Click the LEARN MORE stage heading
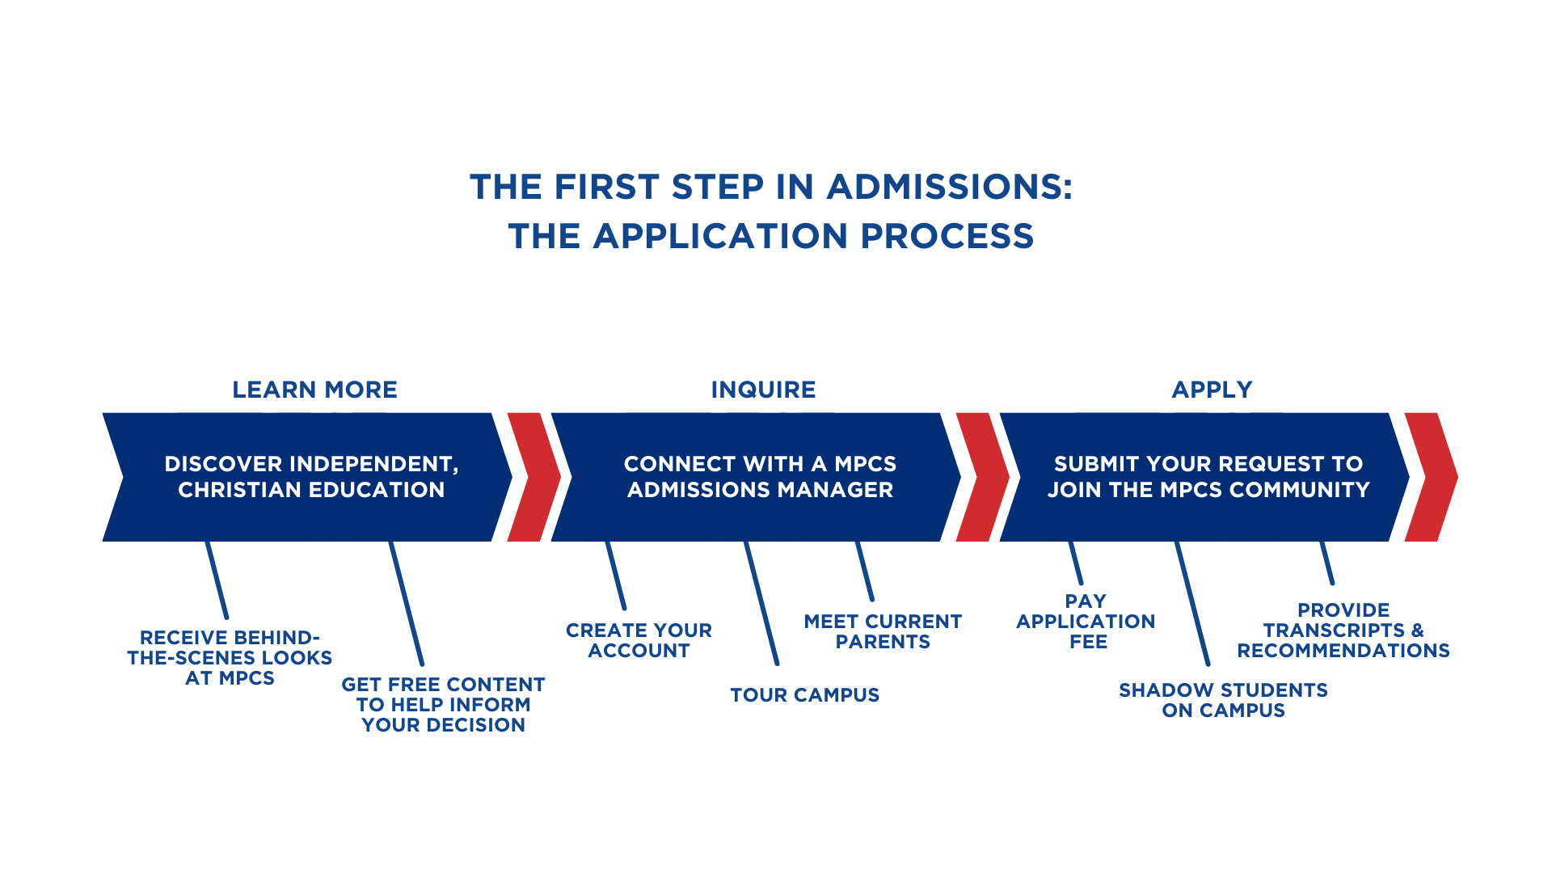pos(314,390)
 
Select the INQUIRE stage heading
pos(763,390)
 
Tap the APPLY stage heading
pos(1212,390)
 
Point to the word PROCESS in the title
pos(947,236)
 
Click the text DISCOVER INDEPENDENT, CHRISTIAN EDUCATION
pos(311,477)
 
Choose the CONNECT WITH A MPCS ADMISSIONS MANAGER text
pos(760,477)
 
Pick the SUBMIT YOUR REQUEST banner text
pos(1208,477)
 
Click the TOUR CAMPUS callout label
pos(804,695)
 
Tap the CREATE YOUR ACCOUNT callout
pos(639,640)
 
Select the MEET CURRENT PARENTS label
pos(883,631)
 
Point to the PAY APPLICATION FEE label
pos(1086,622)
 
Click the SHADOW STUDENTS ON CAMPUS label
pos(1223,700)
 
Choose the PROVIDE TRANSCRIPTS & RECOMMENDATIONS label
pos(1343,630)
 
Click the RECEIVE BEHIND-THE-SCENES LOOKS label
pos(230,658)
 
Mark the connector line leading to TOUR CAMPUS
pos(761,603)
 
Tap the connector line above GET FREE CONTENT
pos(407,603)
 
